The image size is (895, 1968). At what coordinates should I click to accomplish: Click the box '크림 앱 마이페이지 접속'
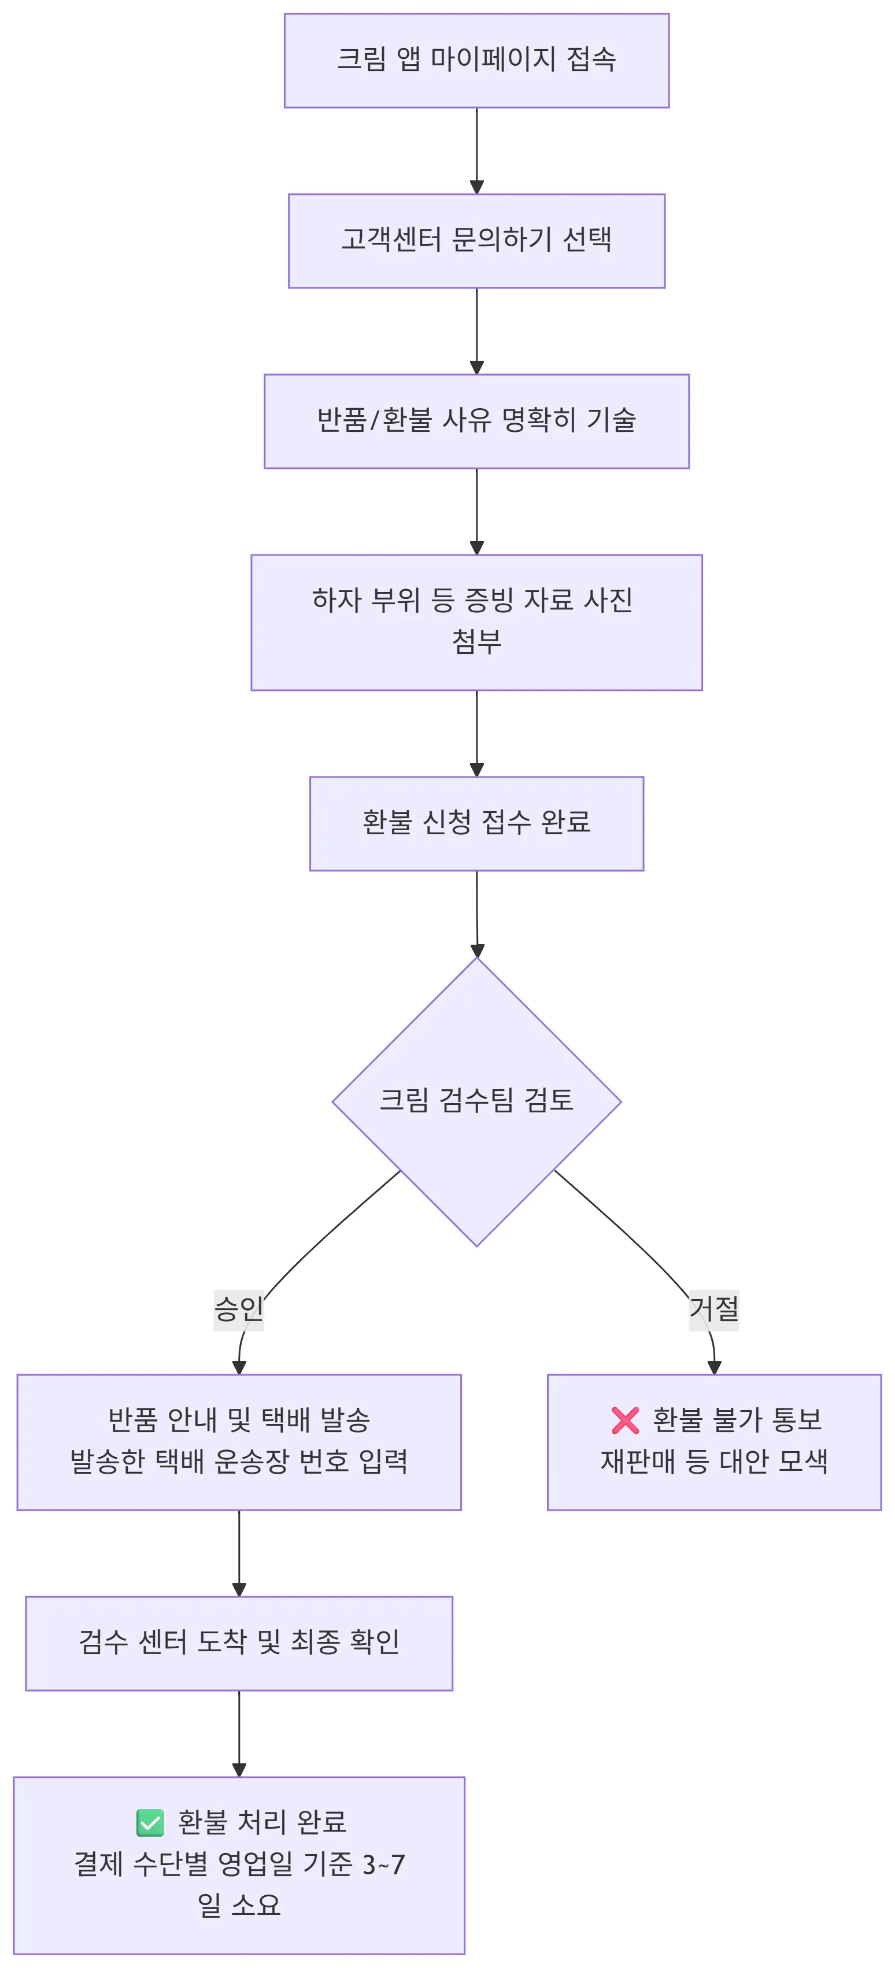tap(476, 60)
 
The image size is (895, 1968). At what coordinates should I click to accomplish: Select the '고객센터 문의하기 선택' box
tap(476, 241)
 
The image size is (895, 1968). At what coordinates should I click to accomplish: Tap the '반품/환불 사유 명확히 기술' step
tap(476, 421)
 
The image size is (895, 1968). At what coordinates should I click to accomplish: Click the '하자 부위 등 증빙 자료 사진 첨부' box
tap(476, 622)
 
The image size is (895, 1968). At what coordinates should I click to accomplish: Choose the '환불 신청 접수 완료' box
tap(476, 823)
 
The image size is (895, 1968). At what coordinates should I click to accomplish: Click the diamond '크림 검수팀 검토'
tap(476, 1101)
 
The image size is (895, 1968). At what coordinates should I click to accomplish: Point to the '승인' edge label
tap(238, 1309)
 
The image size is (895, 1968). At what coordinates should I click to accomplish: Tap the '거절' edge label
tap(713, 1309)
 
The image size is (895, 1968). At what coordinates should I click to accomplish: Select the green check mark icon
tap(150, 1822)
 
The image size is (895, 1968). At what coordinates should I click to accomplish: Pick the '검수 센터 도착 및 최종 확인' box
tap(238, 1643)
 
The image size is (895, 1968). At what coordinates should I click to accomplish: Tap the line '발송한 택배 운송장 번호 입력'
tap(238, 1462)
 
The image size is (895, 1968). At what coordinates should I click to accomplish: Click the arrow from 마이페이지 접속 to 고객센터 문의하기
tap(476, 150)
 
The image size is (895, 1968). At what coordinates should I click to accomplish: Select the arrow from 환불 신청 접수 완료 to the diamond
tap(477, 913)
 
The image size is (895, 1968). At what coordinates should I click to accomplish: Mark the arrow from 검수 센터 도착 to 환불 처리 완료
tap(238, 1733)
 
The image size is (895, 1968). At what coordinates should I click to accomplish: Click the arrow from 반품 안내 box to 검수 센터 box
tap(238, 1552)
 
